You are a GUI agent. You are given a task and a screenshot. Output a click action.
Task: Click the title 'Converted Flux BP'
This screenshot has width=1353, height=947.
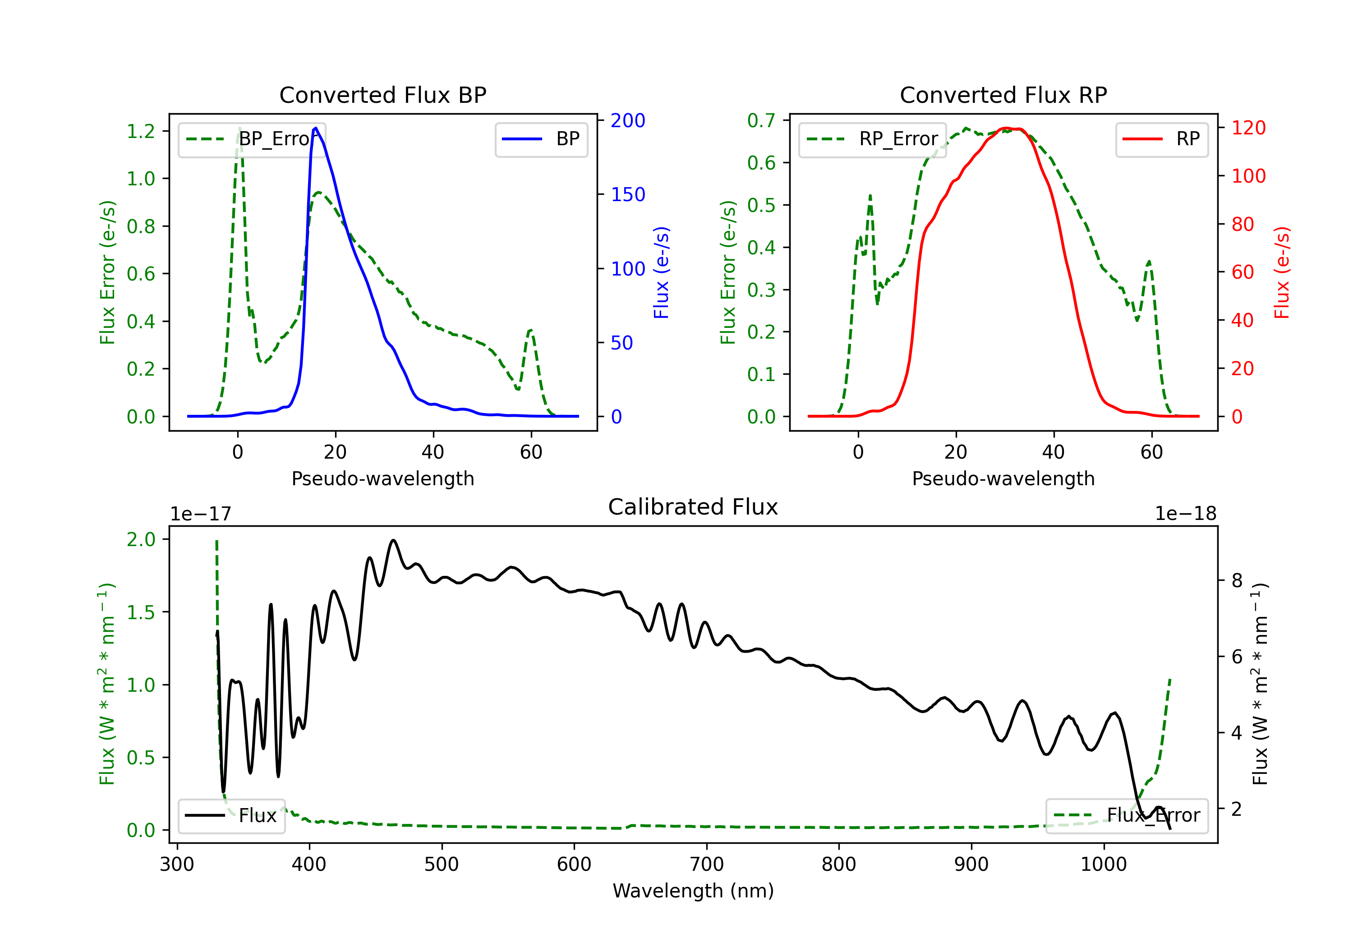(382, 95)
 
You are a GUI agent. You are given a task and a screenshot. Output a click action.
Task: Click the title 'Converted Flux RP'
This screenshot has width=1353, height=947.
(1003, 95)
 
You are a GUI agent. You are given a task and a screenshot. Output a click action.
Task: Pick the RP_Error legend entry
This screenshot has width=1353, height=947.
(872, 139)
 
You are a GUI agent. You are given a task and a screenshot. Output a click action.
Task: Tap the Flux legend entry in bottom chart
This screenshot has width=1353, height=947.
(232, 816)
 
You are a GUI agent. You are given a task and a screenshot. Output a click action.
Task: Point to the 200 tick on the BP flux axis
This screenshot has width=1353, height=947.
(628, 120)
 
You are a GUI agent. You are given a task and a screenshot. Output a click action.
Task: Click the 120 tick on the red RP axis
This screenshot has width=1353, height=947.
(1248, 128)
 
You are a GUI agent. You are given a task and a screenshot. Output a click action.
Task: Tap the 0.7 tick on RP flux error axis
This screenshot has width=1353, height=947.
(761, 120)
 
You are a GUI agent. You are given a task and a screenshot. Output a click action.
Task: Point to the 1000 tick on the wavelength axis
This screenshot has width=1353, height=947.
(1103, 864)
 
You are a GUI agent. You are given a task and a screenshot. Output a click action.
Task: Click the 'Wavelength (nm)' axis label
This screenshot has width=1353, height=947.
(693, 891)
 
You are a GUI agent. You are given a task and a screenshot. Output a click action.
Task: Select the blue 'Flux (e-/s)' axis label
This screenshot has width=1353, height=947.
(661, 272)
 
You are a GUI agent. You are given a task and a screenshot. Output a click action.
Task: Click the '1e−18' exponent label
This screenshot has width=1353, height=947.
(1185, 514)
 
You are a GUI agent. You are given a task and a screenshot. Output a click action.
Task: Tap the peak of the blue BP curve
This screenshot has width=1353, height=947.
(316, 128)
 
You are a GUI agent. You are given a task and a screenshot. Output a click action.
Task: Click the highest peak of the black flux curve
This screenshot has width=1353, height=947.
(393, 540)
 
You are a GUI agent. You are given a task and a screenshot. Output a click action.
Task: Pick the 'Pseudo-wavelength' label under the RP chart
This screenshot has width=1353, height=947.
(1003, 478)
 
